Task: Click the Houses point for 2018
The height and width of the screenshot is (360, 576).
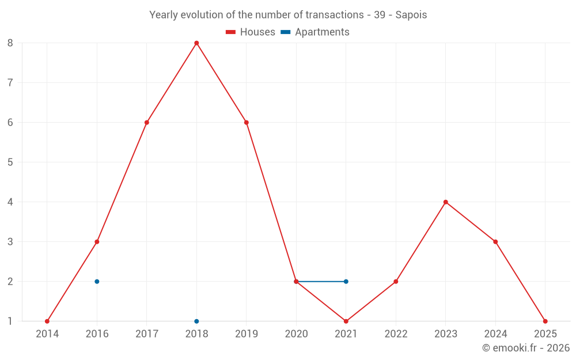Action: point(196,43)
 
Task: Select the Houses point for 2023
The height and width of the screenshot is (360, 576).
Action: point(446,202)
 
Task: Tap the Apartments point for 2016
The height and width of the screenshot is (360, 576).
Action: point(97,282)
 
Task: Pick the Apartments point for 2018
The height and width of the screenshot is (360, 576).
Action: point(196,321)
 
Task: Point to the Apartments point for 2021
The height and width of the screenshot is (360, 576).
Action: point(346,282)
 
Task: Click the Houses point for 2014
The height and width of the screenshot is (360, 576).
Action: point(47,321)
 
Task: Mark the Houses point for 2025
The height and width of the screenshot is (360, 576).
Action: point(545,321)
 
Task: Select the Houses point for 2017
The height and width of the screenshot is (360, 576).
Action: point(147,123)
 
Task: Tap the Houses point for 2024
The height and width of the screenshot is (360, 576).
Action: point(495,242)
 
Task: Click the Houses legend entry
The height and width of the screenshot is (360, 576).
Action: point(251,32)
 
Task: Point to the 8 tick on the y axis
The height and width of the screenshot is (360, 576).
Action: point(10,43)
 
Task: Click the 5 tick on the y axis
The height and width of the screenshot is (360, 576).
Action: point(10,162)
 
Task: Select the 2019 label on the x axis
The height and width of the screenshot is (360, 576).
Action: point(247,334)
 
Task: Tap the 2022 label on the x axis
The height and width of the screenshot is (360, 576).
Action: point(396,334)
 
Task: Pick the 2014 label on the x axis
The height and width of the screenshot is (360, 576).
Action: point(47,334)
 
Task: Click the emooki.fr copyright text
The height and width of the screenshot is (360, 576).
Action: point(526,348)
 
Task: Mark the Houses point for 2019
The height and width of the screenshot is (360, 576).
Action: point(247,123)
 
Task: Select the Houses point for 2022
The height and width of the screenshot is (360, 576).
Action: point(396,282)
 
